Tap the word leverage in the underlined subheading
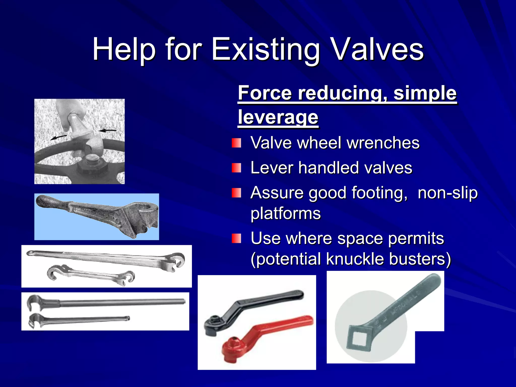point(278,117)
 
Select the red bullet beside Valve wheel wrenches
point(236,143)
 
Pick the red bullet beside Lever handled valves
point(236,168)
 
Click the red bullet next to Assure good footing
point(236,193)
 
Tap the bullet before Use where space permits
point(236,238)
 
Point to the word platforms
point(285,213)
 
